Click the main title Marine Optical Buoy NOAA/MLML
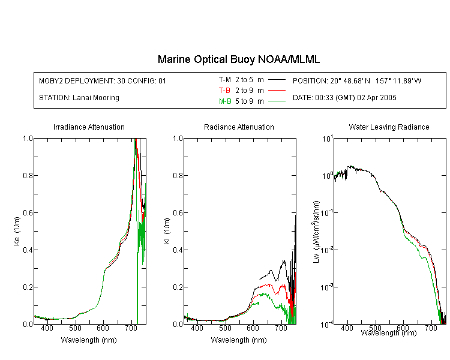click(238, 59)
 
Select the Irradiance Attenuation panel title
click(89, 127)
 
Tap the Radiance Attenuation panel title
click(239, 127)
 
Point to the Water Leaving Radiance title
click(389, 127)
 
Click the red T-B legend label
click(224, 91)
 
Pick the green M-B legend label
click(225, 101)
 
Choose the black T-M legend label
click(225, 80)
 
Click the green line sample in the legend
click(277, 101)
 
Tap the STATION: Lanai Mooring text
click(79, 98)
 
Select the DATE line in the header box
click(344, 98)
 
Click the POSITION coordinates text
click(357, 80)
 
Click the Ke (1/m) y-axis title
click(17, 231)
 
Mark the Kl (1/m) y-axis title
click(167, 231)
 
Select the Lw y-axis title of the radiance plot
click(316, 232)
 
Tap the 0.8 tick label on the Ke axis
click(28, 175)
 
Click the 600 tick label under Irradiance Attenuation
click(103, 328)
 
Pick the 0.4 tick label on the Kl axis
click(178, 250)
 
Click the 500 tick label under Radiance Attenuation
click(225, 328)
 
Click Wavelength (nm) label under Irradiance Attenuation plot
click(89, 340)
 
